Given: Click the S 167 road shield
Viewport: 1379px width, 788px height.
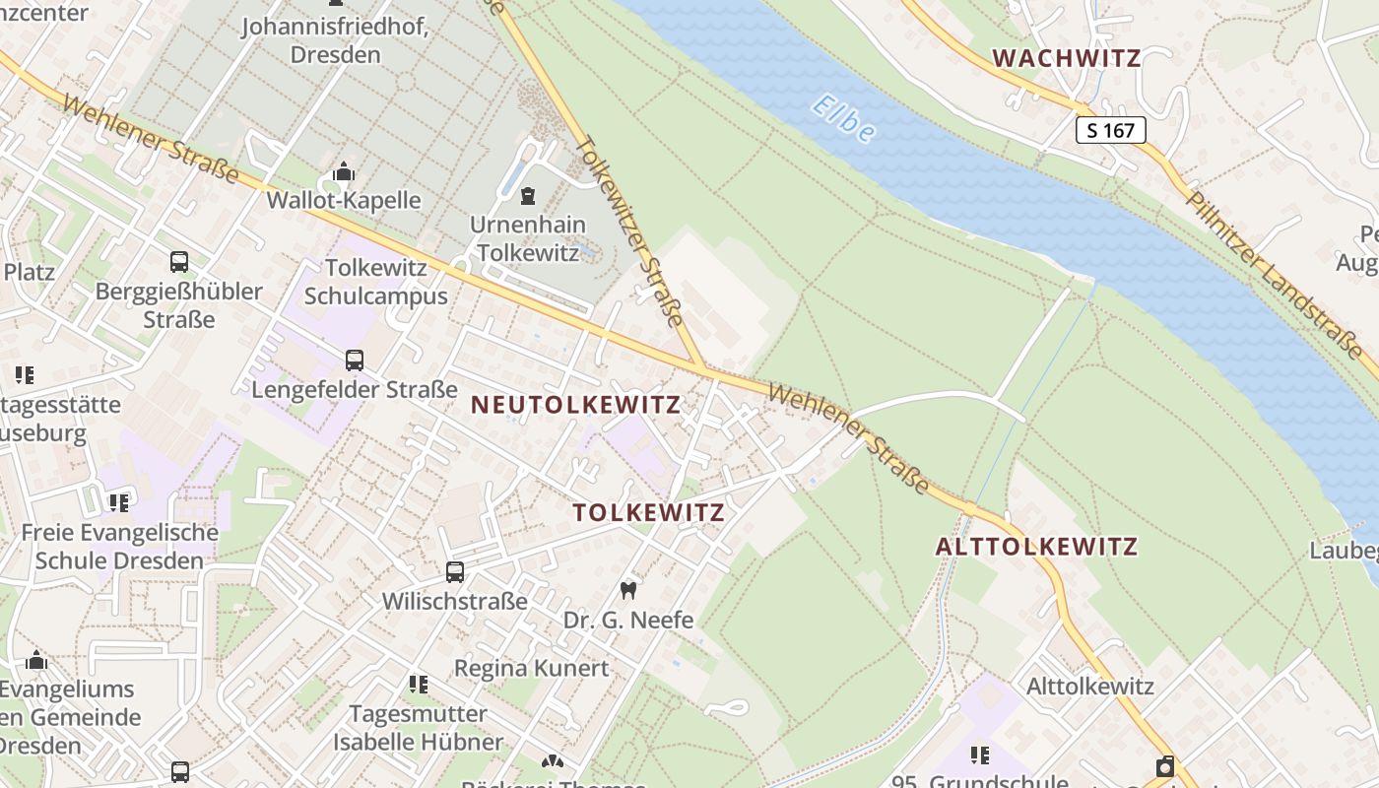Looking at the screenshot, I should [x=1110, y=129].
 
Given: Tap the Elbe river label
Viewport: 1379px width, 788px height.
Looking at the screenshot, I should [x=844, y=118].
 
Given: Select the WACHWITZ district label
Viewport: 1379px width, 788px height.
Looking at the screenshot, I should [x=1067, y=57].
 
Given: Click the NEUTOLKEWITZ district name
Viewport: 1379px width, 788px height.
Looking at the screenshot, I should [x=575, y=405].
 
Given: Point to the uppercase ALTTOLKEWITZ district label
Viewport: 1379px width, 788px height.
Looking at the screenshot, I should [x=1036, y=547].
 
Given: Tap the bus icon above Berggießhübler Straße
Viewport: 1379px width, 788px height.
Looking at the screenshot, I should [x=179, y=262].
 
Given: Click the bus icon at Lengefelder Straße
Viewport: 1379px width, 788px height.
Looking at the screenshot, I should [x=355, y=361].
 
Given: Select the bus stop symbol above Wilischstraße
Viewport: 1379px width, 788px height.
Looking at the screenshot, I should [x=455, y=572].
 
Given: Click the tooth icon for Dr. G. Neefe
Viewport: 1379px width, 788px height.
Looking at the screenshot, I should [x=627, y=591].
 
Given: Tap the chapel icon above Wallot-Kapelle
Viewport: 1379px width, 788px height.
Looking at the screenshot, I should [x=343, y=172].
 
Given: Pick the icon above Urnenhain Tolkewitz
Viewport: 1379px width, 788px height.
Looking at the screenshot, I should [x=528, y=196].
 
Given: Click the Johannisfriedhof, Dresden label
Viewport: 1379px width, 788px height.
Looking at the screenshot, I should [x=336, y=40].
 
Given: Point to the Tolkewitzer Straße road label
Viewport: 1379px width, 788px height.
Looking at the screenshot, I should [x=628, y=230].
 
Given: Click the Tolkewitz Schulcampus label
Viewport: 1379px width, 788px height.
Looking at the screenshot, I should [x=375, y=282].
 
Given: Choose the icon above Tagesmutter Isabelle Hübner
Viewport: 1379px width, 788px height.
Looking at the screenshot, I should [x=419, y=684].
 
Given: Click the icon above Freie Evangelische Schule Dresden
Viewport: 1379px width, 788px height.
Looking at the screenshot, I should [x=119, y=503].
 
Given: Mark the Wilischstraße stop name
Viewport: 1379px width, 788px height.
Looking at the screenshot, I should [x=455, y=601].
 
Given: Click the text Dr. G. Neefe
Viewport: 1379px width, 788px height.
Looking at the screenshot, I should [x=628, y=620].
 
